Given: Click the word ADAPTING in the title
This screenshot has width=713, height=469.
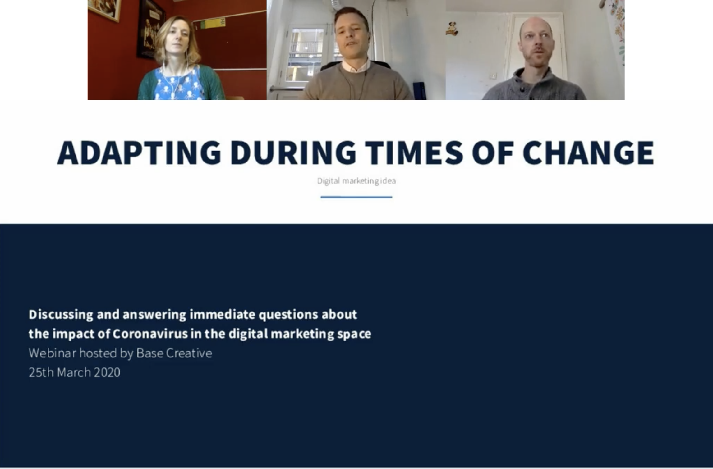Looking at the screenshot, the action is [x=139, y=153].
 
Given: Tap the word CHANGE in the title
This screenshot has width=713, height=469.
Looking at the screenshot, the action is [x=588, y=153].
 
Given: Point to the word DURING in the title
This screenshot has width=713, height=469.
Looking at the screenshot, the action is [x=293, y=153].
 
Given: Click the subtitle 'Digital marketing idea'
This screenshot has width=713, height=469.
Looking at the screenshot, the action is [x=356, y=181].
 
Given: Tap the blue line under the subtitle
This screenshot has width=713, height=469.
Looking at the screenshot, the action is [x=356, y=197].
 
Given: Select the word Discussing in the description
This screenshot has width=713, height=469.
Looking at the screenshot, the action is [x=61, y=315].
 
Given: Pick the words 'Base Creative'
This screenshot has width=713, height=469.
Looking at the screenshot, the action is [x=174, y=353].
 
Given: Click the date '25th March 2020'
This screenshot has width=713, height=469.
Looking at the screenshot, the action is [x=74, y=372].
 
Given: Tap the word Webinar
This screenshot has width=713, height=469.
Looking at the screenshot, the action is [x=52, y=353].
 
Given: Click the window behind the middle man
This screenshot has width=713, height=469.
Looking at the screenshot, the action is [x=306, y=54].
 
